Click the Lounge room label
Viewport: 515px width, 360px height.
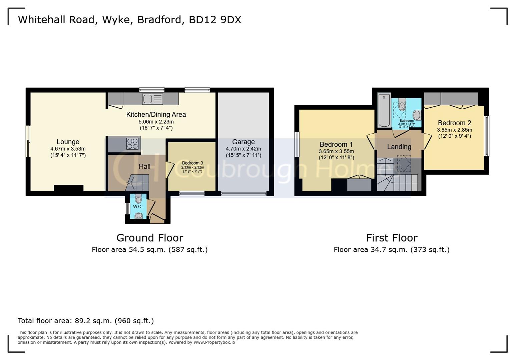(x=68, y=142)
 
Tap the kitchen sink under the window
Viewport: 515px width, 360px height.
(x=152, y=99)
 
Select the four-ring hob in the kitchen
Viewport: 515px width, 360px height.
(x=132, y=144)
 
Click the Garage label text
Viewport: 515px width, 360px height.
(x=243, y=142)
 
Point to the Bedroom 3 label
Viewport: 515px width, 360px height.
(x=192, y=163)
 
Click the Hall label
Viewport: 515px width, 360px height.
(x=144, y=166)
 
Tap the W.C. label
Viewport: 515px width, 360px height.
(x=137, y=207)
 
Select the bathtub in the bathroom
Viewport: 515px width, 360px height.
(x=384, y=110)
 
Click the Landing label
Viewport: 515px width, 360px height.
(x=399, y=147)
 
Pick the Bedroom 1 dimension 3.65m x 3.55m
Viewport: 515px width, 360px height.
(x=336, y=151)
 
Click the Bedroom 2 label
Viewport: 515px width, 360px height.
(x=454, y=123)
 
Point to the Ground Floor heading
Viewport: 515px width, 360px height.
(x=150, y=238)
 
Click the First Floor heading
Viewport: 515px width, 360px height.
(x=392, y=238)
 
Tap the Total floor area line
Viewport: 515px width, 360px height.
(x=86, y=321)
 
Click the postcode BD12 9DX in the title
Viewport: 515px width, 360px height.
(x=215, y=20)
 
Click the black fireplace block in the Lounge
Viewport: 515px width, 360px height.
(x=68, y=188)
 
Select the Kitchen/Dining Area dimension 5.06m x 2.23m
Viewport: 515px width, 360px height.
(x=156, y=122)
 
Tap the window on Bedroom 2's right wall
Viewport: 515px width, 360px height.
(x=486, y=136)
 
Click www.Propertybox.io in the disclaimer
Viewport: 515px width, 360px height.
(x=214, y=342)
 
